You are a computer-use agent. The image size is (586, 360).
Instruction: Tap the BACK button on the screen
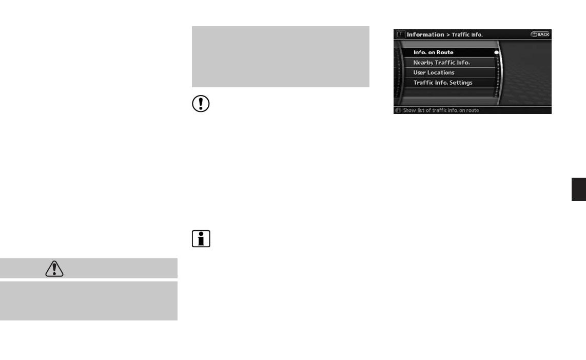[540, 34]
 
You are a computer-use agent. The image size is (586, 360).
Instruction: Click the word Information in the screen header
[425, 34]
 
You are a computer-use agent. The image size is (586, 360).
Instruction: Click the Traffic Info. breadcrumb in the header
[467, 35]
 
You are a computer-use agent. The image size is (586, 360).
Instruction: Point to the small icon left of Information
[400, 34]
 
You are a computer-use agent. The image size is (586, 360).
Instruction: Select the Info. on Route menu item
[433, 52]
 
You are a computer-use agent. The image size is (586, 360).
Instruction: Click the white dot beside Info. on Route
[497, 52]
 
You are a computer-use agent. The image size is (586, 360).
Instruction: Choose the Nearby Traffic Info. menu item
[441, 63]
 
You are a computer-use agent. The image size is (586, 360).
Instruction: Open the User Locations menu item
[434, 72]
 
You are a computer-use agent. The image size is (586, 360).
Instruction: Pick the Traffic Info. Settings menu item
[443, 83]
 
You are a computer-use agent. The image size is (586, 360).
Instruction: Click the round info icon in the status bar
[398, 110]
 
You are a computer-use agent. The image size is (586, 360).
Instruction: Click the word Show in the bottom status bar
[409, 110]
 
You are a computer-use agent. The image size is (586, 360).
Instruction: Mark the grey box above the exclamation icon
[280, 56]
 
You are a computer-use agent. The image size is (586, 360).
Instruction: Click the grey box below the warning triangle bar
[88, 300]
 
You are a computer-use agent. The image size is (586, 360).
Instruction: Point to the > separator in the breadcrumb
[448, 35]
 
